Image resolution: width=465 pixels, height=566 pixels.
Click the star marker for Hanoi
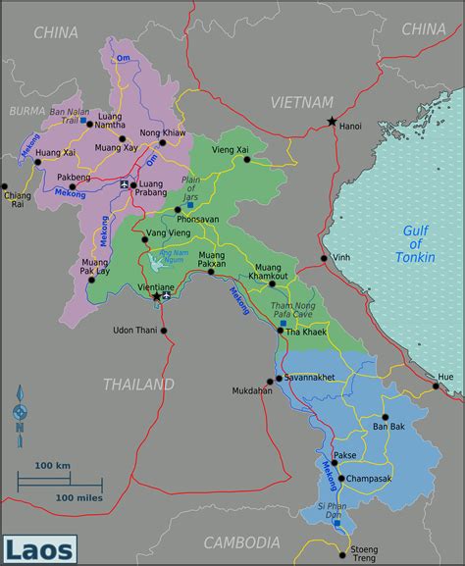coord(333,122)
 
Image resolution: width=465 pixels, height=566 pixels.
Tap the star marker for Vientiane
coord(156,295)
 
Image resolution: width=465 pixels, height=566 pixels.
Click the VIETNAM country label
coord(301,102)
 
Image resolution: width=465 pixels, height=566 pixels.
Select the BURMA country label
coord(26,111)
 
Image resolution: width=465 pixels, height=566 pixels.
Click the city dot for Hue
coord(435,386)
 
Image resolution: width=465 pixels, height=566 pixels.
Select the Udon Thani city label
coord(136,330)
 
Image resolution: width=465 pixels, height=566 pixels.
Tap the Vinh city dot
coord(324,259)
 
